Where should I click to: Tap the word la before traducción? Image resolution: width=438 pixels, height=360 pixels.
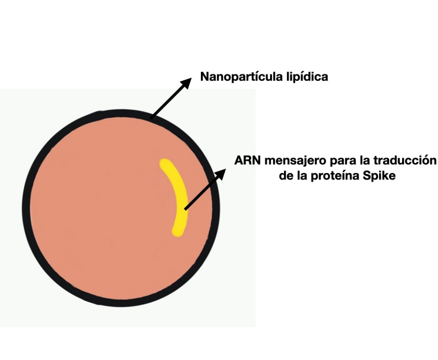click(x=362, y=161)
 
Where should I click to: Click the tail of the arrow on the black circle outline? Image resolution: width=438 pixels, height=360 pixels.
click(x=151, y=117)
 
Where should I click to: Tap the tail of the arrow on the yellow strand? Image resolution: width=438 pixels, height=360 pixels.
click(x=185, y=209)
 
